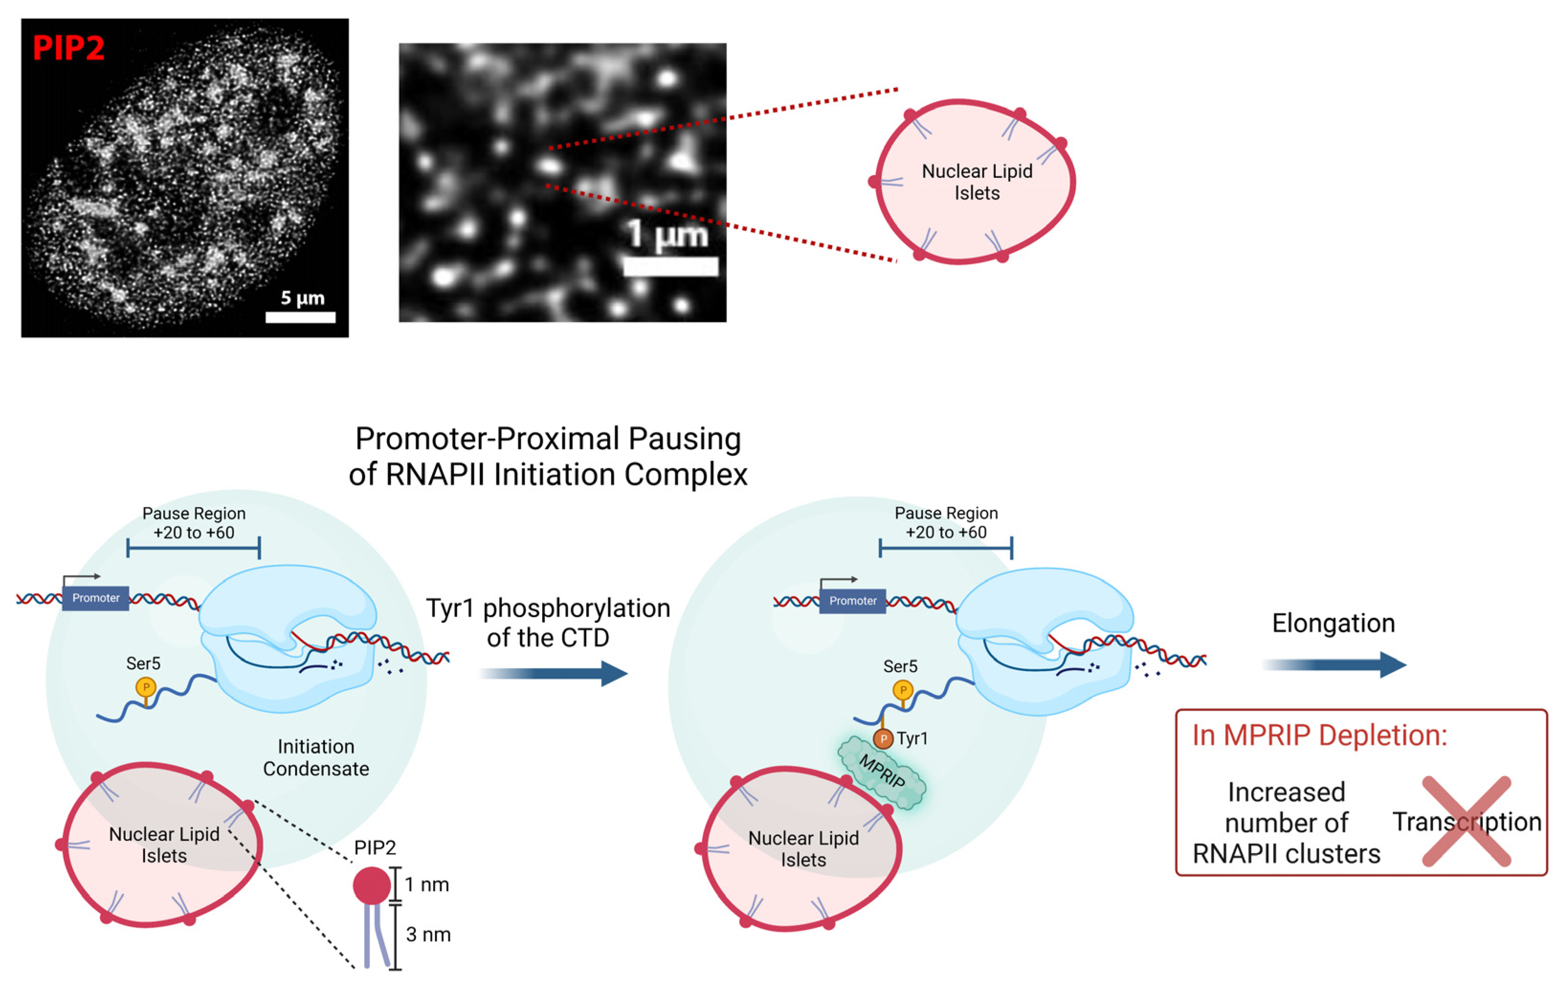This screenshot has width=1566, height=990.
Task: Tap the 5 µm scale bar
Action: [x=300, y=317]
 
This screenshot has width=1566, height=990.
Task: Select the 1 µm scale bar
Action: [x=670, y=266]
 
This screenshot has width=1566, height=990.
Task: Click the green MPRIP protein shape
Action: [x=882, y=772]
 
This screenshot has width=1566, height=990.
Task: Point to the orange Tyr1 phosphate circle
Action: [x=883, y=738]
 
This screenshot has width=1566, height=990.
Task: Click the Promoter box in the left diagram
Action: [x=96, y=598]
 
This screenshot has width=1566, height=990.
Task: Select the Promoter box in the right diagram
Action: [x=852, y=601]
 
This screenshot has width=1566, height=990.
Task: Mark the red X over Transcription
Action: [x=1466, y=821]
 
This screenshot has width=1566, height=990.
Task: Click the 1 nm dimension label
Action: [x=427, y=885]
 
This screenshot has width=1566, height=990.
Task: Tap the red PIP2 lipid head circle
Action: [x=371, y=885]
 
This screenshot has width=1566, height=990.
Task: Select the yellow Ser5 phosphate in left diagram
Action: [x=145, y=687]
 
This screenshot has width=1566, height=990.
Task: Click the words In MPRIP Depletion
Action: [x=1320, y=735]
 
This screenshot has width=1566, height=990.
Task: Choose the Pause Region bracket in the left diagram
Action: [x=194, y=548]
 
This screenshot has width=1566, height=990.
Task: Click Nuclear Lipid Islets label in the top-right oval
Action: [x=977, y=182]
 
